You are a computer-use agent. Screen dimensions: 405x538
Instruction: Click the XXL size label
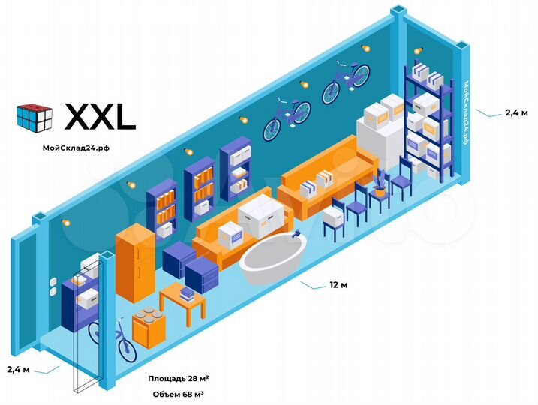(x=100, y=116)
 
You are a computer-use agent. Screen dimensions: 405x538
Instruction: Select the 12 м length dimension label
(x=338, y=285)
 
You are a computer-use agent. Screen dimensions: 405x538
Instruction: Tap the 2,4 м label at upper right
(x=515, y=112)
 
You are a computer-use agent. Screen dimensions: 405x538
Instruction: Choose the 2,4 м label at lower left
(x=20, y=369)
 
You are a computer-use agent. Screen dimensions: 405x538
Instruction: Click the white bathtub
(x=272, y=259)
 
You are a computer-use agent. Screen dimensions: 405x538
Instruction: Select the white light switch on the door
(x=53, y=287)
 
